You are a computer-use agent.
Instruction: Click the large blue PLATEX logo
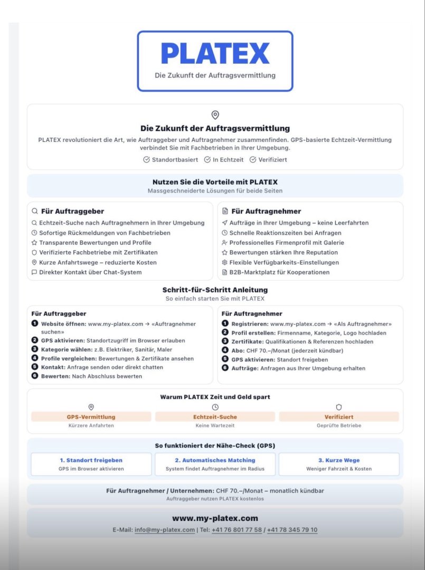point(215,53)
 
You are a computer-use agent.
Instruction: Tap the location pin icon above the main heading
point(215,115)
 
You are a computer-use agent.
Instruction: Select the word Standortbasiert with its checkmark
point(171,159)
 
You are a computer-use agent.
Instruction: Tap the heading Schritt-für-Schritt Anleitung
point(215,290)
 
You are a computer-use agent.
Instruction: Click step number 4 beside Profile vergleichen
point(35,358)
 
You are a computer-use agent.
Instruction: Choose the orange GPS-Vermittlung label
point(91,417)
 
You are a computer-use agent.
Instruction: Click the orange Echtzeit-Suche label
point(215,417)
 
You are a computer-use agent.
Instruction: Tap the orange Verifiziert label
point(339,417)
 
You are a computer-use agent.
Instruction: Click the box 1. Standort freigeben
point(91,464)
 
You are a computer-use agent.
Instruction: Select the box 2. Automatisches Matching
point(215,464)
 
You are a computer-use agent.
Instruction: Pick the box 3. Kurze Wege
point(339,464)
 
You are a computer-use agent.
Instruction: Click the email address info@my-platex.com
point(164,530)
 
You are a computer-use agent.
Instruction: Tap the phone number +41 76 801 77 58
point(237,530)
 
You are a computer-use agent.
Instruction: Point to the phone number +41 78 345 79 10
point(292,530)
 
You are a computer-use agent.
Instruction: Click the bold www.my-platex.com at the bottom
point(215,518)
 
